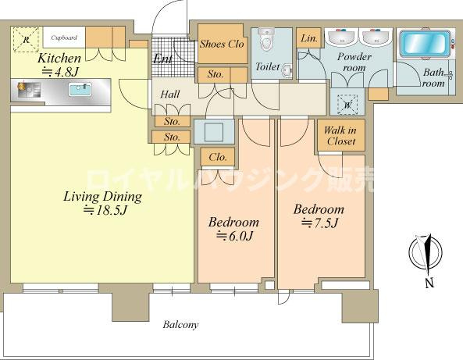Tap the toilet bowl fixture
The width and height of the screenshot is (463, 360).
click(x=268, y=39)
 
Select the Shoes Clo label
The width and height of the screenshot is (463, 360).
click(x=222, y=44)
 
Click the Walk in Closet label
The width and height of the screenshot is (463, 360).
click(x=340, y=136)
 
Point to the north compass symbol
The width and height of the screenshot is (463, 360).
click(x=426, y=253)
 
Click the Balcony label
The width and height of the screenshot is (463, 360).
click(x=180, y=325)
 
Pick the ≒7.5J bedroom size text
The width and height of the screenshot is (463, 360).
click(x=319, y=223)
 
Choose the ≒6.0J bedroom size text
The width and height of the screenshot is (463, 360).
click(x=234, y=236)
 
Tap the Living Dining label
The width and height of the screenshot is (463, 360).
click(x=103, y=196)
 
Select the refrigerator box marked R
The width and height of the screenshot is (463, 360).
click(x=27, y=40)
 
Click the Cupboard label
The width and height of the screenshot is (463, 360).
click(x=64, y=37)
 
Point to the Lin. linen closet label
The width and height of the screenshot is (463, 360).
click(x=309, y=38)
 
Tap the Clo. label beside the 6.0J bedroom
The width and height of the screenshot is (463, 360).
click(x=218, y=157)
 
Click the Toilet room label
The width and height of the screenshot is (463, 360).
click(x=268, y=66)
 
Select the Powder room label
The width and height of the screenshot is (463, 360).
click(x=354, y=62)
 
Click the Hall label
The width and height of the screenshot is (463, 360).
click(x=170, y=94)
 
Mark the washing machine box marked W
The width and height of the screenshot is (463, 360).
click(x=347, y=105)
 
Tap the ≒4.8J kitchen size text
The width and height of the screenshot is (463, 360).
click(x=60, y=72)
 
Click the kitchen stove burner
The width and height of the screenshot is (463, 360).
click(x=21, y=87)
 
